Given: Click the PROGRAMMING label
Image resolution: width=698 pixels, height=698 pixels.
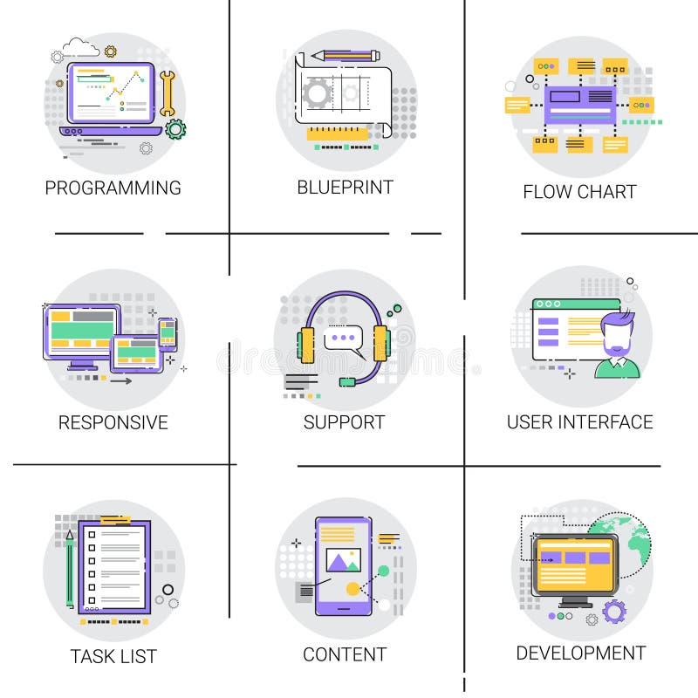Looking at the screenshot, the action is pos(113,188).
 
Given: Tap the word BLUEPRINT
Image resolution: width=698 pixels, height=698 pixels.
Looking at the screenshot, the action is pos(345,188).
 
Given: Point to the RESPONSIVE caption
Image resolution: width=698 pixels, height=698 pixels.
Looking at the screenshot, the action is pos(113,423).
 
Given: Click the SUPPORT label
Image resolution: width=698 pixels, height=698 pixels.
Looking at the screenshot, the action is pos(344,423).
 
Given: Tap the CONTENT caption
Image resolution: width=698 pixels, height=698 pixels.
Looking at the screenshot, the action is pos(345,654).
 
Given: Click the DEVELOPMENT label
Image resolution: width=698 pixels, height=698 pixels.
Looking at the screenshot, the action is pos(580,654).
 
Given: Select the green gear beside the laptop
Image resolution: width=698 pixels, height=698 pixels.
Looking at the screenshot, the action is pos(175,130).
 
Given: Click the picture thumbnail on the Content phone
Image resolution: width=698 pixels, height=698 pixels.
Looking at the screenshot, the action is pos(340,559).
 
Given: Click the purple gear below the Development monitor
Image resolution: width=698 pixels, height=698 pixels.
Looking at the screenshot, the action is pos(614,612).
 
